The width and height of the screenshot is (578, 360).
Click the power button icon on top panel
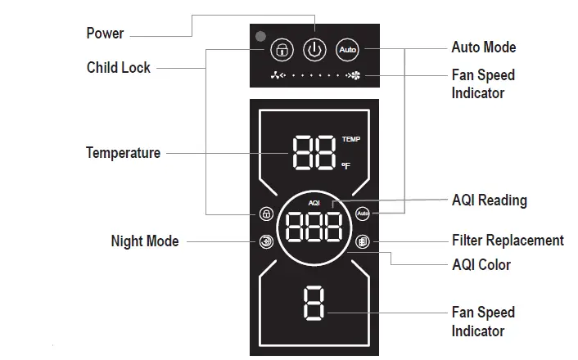click(314, 49)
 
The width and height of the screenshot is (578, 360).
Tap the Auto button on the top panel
click(348, 49)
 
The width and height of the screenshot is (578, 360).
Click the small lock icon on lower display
click(266, 215)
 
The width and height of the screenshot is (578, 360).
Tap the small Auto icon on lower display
click(364, 214)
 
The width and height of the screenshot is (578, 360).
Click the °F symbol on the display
click(345, 166)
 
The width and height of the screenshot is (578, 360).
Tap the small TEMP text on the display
click(350, 140)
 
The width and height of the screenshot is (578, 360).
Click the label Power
click(105, 34)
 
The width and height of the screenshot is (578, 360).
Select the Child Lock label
click(119, 68)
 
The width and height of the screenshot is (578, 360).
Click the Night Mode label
click(144, 241)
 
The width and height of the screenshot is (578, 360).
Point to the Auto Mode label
click(484, 47)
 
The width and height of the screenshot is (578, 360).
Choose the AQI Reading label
click(490, 200)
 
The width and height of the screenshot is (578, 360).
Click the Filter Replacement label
click(508, 241)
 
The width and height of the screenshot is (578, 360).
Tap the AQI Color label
click(481, 264)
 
